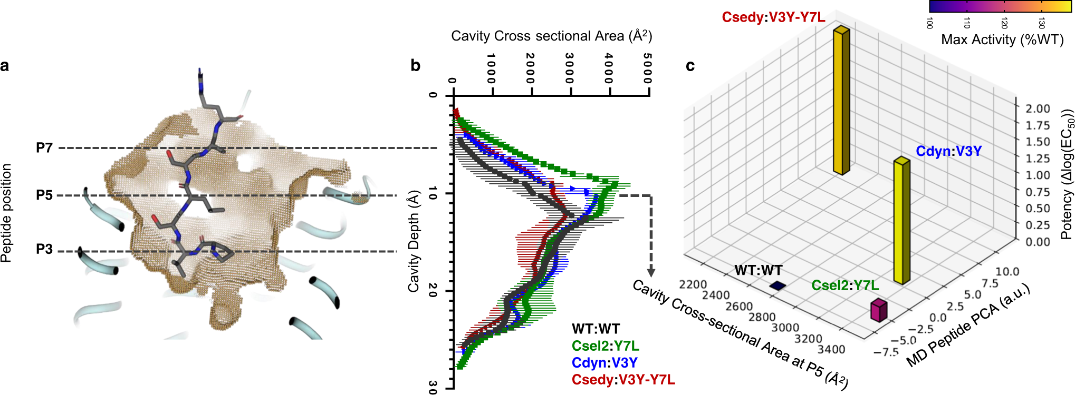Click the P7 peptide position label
click(x=44, y=148)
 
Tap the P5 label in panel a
click(x=44, y=195)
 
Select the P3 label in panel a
click(x=44, y=249)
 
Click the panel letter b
click(x=415, y=66)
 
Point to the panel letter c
click(x=690, y=66)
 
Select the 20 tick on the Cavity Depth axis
click(x=433, y=290)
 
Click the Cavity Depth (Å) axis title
click(x=414, y=241)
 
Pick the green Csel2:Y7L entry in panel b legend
click(x=605, y=346)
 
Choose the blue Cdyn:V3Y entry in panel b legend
click(x=604, y=363)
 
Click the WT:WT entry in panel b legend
click(x=596, y=329)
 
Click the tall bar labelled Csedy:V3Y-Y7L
click(x=841, y=100)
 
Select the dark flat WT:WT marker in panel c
click(x=778, y=286)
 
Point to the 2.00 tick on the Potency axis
click(x=1038, y=108)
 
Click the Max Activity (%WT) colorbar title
click(x=1002, y=40)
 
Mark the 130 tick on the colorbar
click(x=1041, y=23)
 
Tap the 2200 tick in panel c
click(x=693, y=285)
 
